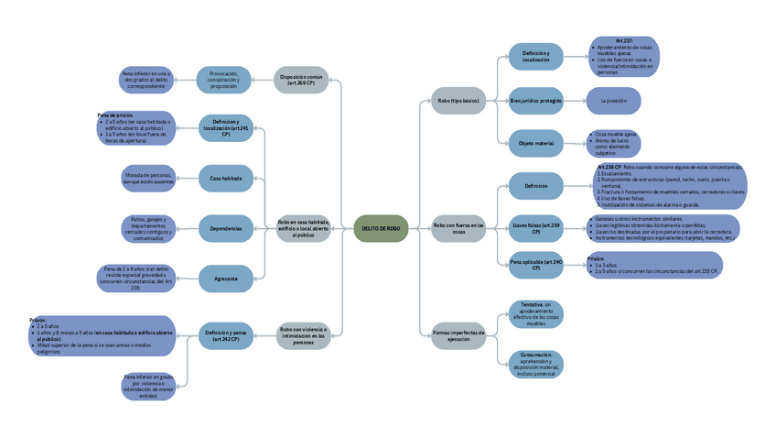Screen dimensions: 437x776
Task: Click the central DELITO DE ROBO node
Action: coord(381,228)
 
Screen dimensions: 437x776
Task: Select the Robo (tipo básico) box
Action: coord(458,100)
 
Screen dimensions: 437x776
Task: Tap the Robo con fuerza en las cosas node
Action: coord(458,228)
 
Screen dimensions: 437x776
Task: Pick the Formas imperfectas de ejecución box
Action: coord(458,336)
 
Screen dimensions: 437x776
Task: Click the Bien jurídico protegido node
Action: coord(536,100)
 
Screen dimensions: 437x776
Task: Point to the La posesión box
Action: coord(612,100)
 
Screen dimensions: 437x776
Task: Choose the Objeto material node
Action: coord(536,143)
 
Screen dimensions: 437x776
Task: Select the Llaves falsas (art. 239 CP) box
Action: coord(536,228)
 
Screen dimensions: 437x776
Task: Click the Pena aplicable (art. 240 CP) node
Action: coord(536,266)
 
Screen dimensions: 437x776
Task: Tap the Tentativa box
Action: coord(536,313)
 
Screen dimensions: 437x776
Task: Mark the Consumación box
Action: coord(536,365)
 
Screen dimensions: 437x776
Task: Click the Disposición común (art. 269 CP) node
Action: coord(301,80)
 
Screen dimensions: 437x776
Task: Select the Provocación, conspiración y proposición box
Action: coord(224,80)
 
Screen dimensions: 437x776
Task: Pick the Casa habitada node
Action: coord(225,178)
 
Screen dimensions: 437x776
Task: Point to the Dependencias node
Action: coord(225,228)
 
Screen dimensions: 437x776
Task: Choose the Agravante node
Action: coord(225,278)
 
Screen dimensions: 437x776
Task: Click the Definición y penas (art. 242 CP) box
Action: coord(225,336)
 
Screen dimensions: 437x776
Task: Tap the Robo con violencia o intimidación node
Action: coord(304,336)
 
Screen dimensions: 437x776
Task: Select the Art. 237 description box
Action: coord(624,55)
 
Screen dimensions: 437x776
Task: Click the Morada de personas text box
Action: coord(147,178)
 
